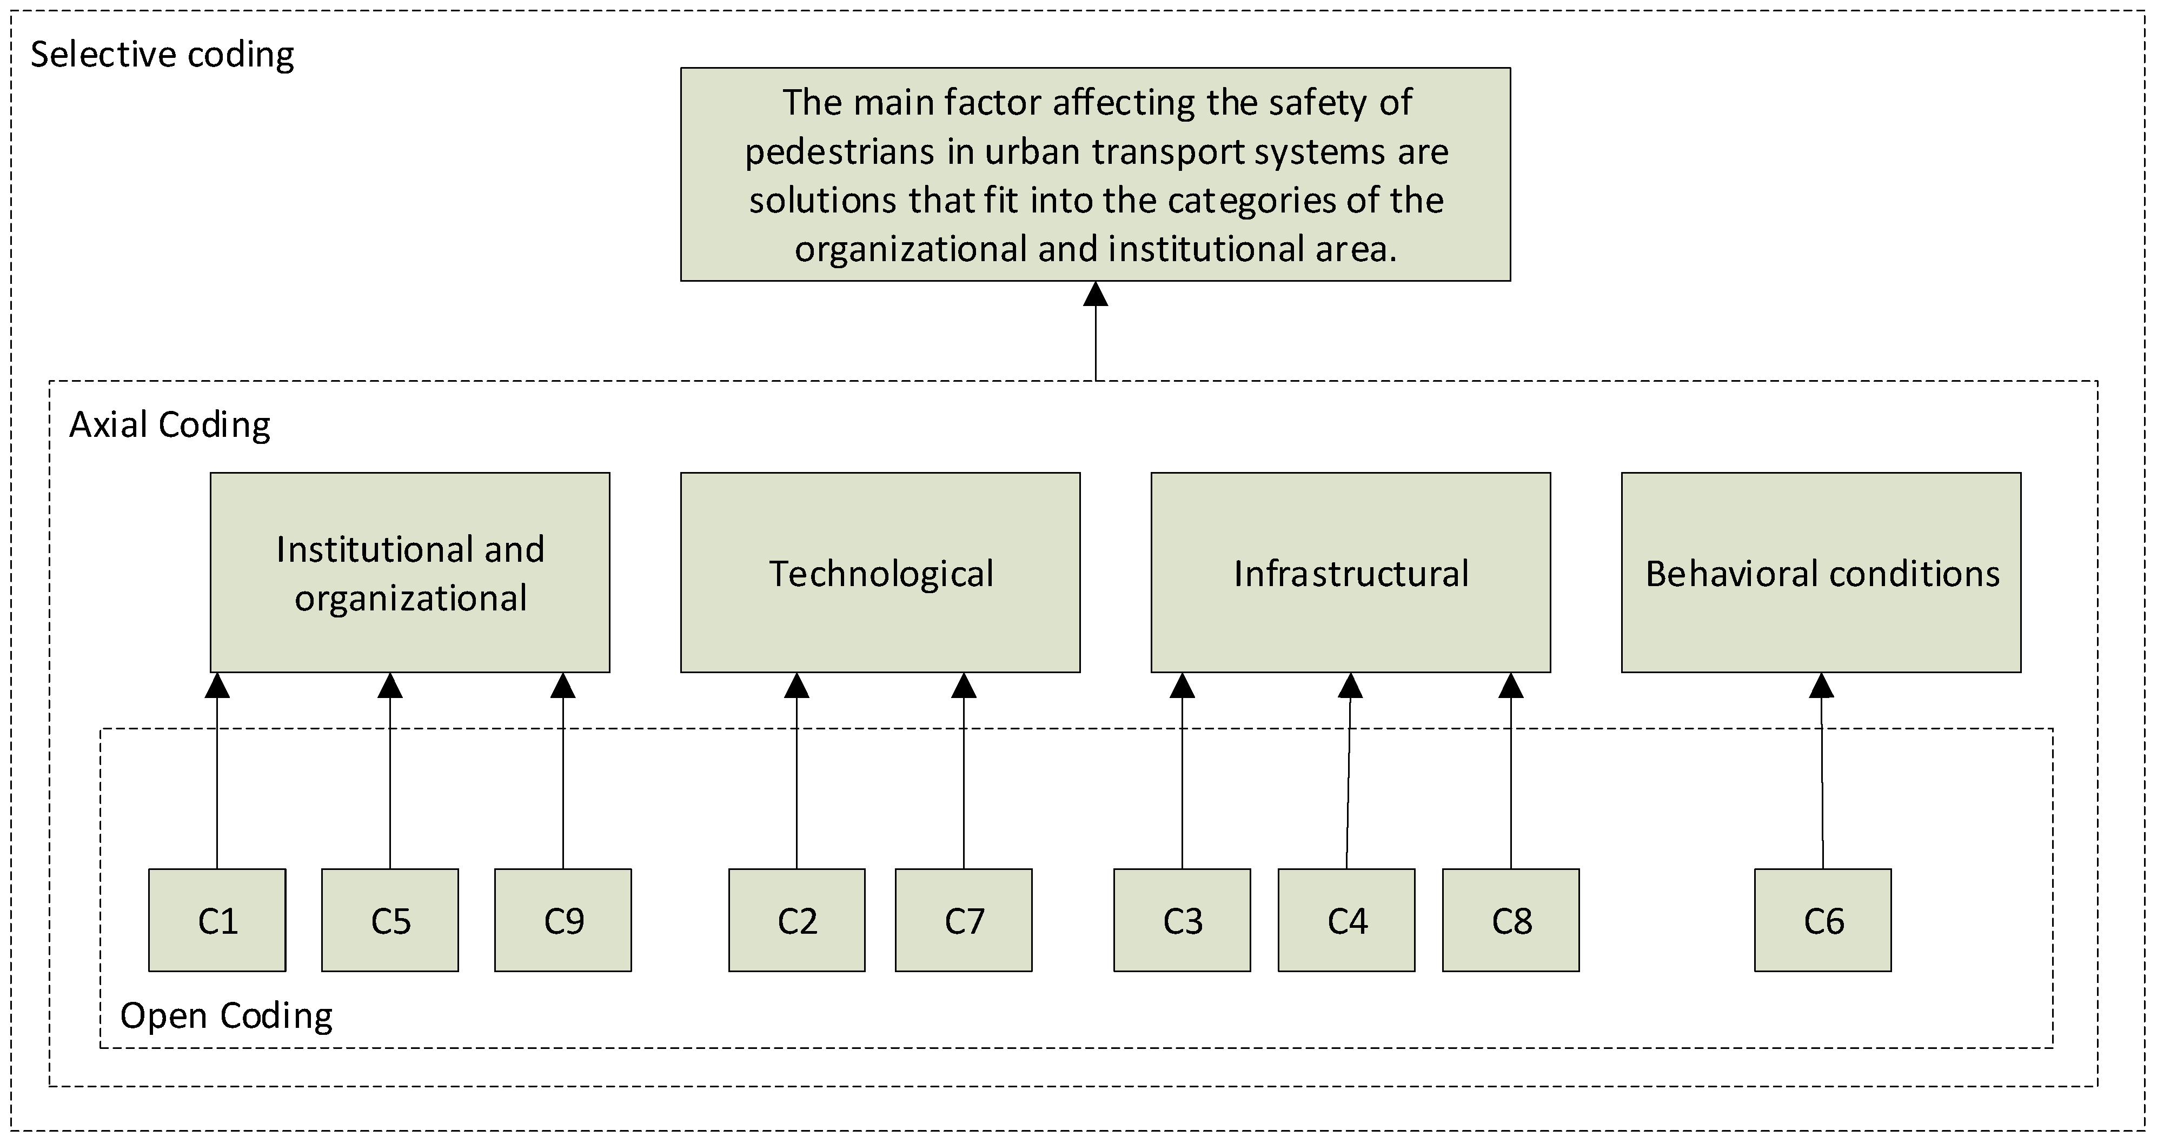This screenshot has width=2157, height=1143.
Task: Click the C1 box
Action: pyautogui.click(x=217, y=920)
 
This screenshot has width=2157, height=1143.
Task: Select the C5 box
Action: pyautogui.click(x=390, y=920)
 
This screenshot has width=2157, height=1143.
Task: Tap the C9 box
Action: pyautogui.click(x=563, y=920)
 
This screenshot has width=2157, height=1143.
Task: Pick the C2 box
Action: pyautogui.click(x=797, y=920)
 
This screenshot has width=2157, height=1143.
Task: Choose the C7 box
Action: pyautogui.click(x=964, y=920)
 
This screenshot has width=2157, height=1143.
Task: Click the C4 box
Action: pyautogui.click(x=1346, y=920)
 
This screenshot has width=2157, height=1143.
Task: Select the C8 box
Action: pyautogui.click(x=1511, y=920)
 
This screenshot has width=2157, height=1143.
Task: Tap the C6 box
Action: pyautogui.click(x=1823, y=920)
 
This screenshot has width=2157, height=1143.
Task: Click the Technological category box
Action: pyautogui.click(x=880, y=573)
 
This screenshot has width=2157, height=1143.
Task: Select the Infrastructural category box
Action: pyautogui.click(x=1351, y=573)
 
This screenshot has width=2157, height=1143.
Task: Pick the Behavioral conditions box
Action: pyautogui.click(x=1821, y=573)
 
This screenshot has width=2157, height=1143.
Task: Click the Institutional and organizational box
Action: pyautogui.click(x=409, y=573)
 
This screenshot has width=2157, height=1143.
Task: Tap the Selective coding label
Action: pyautogui.click(x=162, y=55)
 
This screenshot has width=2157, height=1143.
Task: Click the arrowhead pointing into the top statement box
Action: pyautogui.click(x=1095, y=295)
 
